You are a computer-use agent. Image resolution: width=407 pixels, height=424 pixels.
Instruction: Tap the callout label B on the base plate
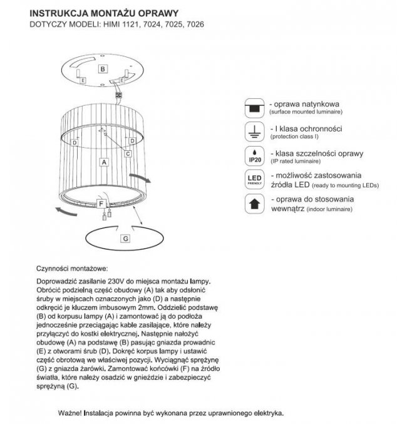(x=103, y=69)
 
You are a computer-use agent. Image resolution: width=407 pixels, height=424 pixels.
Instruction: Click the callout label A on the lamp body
(x=105, y=161)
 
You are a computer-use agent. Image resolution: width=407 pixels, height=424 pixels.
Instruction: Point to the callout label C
(x=127, y=153)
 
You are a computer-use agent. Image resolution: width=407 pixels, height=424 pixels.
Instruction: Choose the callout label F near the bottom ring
(x=101, y=204)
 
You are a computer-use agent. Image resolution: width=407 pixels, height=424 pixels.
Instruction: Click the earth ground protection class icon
(x=254, y=131)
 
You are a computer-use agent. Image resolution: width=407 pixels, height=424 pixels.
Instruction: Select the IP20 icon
(x=254, y=156)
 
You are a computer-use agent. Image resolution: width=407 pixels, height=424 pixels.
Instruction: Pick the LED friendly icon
(x=254, y=181)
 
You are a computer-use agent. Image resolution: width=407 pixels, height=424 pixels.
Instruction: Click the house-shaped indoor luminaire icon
(x=254, y=204)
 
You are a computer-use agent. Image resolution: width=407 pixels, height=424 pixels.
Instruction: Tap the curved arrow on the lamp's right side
(x=139, y=177)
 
